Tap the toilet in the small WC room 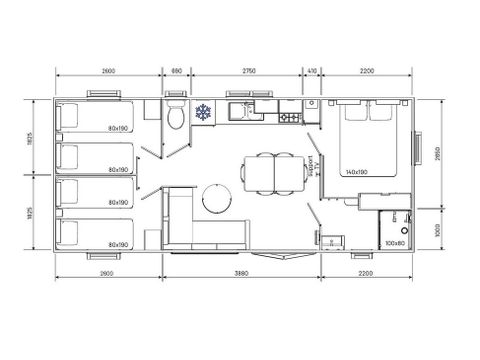[x=176, y=118]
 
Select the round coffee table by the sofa [x=214, y=199]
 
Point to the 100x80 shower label [x=393, y=243]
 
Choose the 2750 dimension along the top [x=247, y=71]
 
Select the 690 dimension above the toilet [x=176, y=71]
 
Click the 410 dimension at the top [x=312, y=71]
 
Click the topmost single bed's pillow [x=70, y=113]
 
